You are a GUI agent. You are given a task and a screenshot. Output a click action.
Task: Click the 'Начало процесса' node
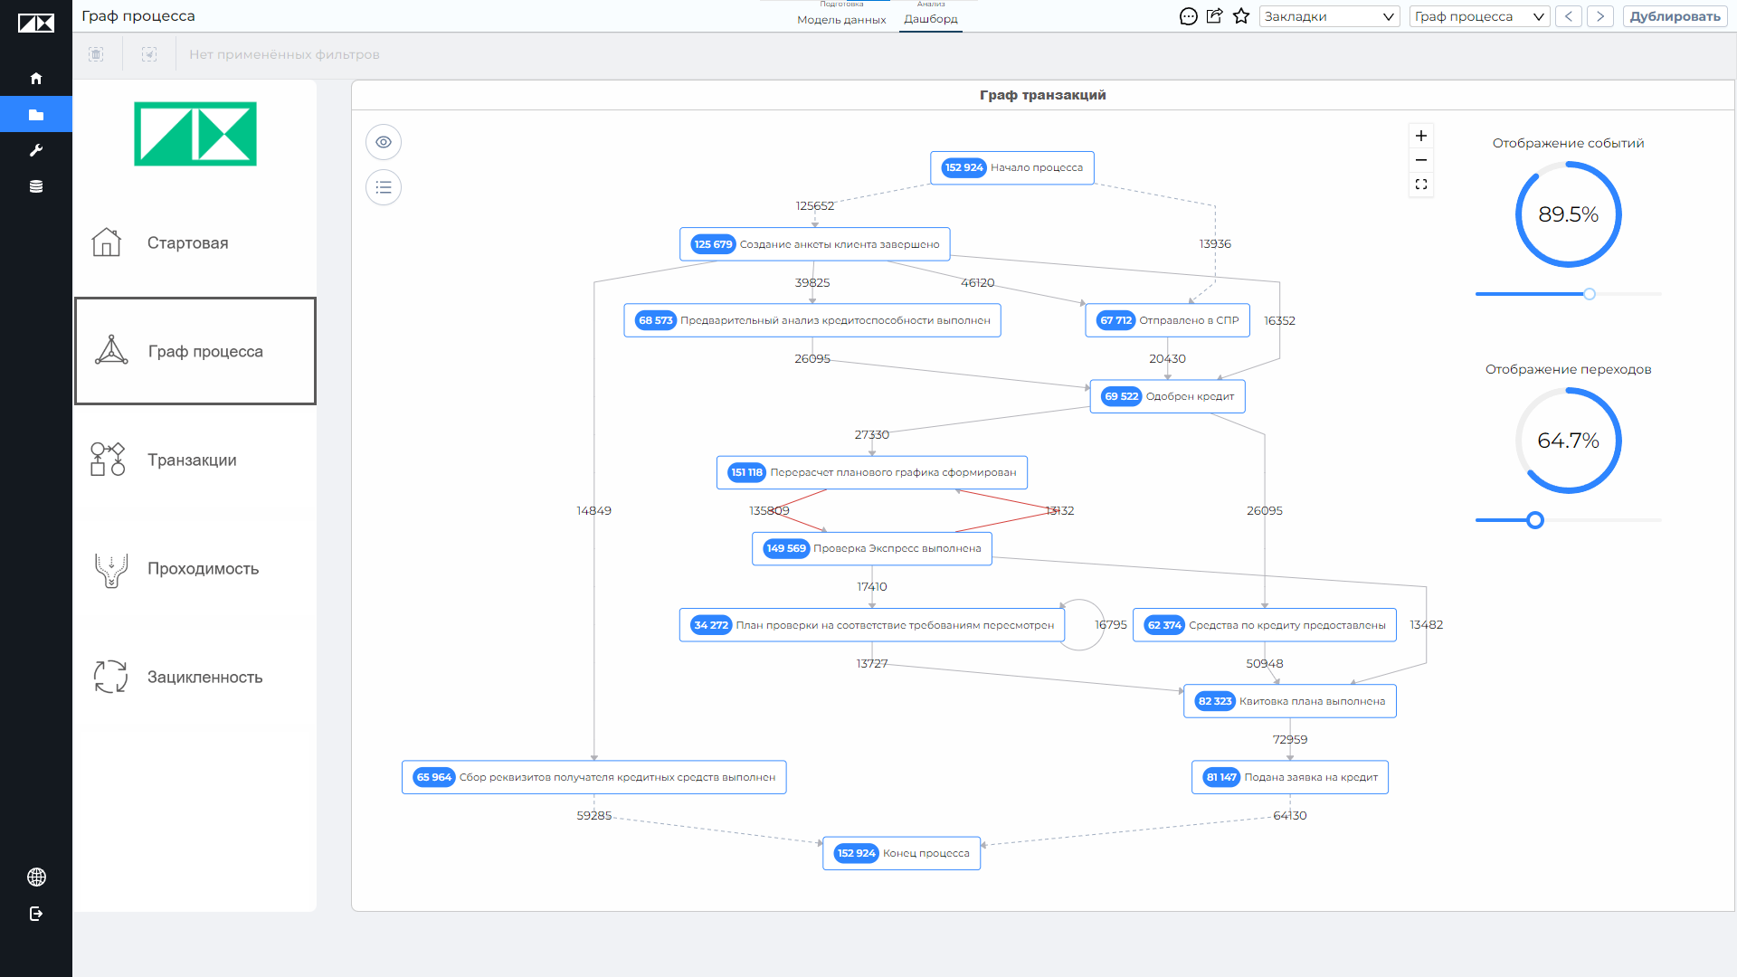point(1011,168)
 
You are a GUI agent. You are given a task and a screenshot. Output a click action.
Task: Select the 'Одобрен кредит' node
point(1167,396)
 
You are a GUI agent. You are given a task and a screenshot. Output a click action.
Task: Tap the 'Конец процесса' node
point(901,853)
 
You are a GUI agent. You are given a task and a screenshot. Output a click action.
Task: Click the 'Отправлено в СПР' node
point(1167,320)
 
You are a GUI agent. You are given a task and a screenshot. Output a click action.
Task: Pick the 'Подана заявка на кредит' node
point(1289,777)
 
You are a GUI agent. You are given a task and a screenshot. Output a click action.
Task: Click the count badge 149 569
point(785,548)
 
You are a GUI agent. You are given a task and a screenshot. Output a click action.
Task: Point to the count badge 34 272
point(710,625)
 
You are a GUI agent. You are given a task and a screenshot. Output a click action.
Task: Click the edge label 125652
point(814,206)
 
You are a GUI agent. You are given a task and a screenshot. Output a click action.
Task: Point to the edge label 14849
point(593,511)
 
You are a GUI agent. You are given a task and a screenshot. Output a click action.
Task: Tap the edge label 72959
point(1289,740)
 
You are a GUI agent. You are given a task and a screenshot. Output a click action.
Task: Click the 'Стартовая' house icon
point(107,242)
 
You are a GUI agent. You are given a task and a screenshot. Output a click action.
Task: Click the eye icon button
point(384,142)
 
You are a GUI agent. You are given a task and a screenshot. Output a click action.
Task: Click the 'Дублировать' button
point(1675,16)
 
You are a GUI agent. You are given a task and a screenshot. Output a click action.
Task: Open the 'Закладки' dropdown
point(1329,16)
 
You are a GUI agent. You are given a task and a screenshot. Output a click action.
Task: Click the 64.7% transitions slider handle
point(1534,520)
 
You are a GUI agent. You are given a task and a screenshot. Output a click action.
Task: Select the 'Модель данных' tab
point(841,20)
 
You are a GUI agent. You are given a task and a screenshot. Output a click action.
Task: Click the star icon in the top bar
point(1241,16)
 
